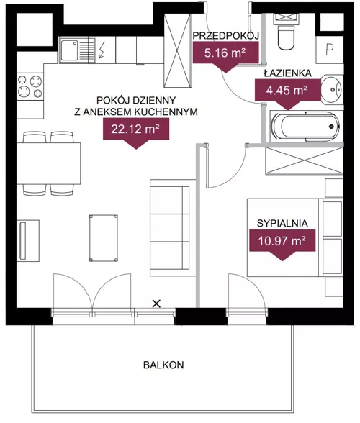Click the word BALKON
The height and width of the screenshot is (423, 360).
tap(163, 365)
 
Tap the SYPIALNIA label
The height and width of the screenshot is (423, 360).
tap(282, 223)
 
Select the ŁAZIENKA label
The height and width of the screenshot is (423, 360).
tap(287, 73)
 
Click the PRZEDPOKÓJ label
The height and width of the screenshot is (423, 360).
tap(226, 36)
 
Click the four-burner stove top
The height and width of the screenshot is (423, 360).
tap(30, 86)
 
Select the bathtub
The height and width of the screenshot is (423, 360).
tap(306, 127)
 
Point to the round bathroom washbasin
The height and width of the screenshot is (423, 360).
tap(332, 89)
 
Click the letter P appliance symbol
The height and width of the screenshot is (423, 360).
tap(330, 50)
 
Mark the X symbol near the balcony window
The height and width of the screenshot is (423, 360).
tap(156, 304)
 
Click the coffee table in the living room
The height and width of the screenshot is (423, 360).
tap(104, 238)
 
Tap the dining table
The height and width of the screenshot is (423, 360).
tap(49, 163)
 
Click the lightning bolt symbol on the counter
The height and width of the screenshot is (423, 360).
tap(102, 50)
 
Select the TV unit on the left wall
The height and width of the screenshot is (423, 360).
tap(28, 240)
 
